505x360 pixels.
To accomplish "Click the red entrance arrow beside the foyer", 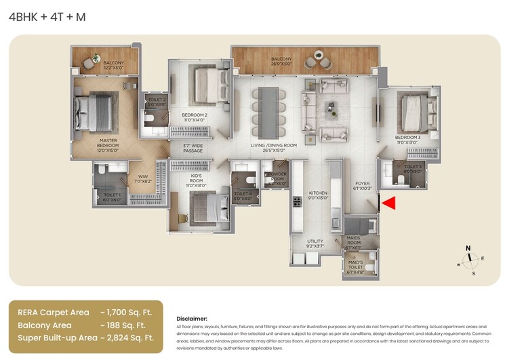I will (x=388, y=202).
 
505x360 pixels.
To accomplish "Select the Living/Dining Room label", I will (x=264, y=149).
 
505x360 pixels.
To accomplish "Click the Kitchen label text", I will (x=318, y=195).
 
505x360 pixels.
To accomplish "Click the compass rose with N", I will (x=468, y=258).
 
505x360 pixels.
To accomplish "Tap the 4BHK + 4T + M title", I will (x=47, y=17).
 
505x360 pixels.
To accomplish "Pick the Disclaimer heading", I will (x=192, y=318).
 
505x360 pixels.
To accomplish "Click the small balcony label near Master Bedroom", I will (x=114, y=65).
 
